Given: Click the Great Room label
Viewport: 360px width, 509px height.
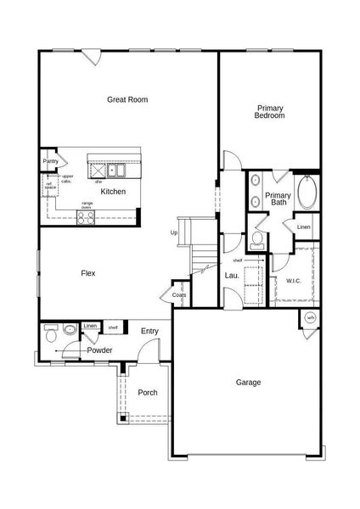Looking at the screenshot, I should tap(127, 99).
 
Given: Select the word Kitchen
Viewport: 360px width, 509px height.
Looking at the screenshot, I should tap(113, 192).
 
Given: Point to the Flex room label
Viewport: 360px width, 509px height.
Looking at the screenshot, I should tap(87, 273).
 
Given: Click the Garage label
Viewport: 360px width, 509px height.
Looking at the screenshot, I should tap(248, 382).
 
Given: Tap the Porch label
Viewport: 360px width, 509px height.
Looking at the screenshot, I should tap(147, 392).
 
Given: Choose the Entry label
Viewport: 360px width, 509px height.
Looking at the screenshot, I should tap(150, 331).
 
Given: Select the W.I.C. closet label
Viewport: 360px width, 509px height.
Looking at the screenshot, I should tap(295, 280).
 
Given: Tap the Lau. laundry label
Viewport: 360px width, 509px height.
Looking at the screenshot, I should tap(231, 275).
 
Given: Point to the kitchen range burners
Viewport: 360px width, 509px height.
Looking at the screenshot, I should tap(86, 216).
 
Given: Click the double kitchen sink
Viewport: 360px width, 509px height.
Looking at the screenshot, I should tap(122, 170).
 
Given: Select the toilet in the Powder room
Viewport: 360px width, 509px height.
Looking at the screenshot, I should tap(50, 337).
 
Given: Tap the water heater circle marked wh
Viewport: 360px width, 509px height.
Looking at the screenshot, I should tap(310, 318).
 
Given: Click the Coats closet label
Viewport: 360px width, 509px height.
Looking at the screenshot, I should tap(178, 295).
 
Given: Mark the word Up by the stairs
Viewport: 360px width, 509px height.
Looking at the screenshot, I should tap(174, 232).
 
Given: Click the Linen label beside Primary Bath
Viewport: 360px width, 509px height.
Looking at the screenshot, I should tap(302, 227).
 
